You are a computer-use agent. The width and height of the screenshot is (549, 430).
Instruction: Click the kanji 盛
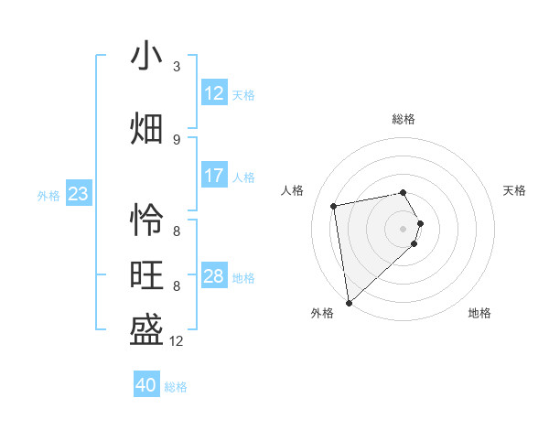point(146,330)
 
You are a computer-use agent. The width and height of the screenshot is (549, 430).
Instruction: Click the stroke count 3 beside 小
point(177,67)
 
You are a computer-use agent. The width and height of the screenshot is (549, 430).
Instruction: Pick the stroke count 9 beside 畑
point(177,140)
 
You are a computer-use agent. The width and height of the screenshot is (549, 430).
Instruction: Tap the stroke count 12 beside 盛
point(177,341)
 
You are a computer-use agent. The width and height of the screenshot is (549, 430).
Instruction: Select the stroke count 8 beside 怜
point(177,231)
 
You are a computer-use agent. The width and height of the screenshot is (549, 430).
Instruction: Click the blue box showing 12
point(214,93)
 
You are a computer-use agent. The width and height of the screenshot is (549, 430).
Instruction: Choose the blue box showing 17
point(214,176)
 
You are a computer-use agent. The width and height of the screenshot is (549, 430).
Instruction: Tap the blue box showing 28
point(214,276)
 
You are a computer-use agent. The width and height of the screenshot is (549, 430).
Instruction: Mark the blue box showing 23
point(78,194)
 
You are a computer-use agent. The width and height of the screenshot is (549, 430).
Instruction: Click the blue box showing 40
point(146,385)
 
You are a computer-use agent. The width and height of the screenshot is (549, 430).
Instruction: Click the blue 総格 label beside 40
point(176,387)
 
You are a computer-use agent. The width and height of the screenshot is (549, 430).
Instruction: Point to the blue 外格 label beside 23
point(48,195)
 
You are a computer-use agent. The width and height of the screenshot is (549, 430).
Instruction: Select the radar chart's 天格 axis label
point(515,190)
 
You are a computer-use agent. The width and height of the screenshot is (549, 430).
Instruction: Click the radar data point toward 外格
point(349,302)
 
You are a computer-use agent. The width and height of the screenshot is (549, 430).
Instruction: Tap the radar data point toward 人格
point(334,205)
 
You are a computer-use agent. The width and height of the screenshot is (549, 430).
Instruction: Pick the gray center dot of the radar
point(404,228)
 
